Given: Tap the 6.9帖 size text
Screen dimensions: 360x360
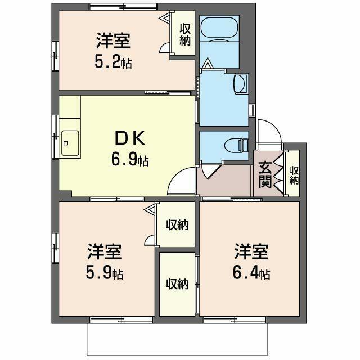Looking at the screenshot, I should point(130,160).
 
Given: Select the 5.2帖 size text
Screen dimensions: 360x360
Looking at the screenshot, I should point(114,61).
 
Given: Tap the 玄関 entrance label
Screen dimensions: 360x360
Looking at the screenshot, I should point(265,174).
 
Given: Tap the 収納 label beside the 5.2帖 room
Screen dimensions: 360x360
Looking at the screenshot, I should point(184,34).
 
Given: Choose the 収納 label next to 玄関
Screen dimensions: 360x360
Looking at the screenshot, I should point(294,175).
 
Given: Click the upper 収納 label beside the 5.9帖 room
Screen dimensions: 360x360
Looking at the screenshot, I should point(176,225).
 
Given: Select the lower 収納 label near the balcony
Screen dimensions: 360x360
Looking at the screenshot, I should point(176,284).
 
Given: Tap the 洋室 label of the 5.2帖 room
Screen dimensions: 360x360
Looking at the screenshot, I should point(114,40).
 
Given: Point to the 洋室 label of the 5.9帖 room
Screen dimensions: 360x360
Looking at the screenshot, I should point(105,250).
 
